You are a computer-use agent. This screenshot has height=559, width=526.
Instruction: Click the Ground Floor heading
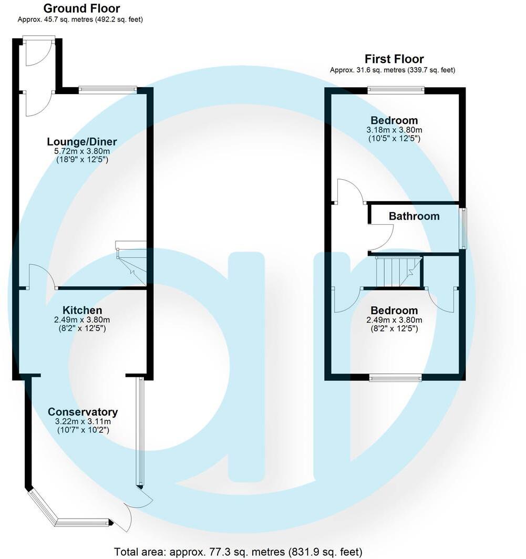[x=81, y=8]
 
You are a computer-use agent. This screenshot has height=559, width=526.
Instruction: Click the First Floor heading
[x=394, y=59]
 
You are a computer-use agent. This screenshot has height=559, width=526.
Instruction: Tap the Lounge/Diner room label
[x=82, y=142]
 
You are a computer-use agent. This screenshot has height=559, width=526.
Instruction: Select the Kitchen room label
[x=82, y=310]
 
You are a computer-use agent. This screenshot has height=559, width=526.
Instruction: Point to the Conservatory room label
[x=82, y=412]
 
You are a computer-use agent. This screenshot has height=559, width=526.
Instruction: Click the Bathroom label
[x=414, y=216]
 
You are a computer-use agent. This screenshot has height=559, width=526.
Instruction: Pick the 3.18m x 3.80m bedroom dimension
[x=394, y=130]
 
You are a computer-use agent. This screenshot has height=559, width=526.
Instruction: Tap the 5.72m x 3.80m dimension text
[x=82, y=151]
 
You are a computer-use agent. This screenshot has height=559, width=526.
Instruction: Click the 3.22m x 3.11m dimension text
[x=82, y=421]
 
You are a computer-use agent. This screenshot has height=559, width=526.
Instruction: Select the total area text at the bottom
[x=238, y=552]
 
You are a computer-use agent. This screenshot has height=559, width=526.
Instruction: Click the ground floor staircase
[x=131, y=263]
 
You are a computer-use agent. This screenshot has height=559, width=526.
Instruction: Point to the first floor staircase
[x=398, y=271]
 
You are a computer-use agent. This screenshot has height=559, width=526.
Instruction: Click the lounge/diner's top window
[x=108, y=90]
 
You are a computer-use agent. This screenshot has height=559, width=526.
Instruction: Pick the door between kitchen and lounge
[x=42, y=277]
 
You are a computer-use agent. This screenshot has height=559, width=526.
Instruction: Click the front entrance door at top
[x=39, y=50]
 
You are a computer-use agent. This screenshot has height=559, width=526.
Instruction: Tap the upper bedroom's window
[x=396, y=90]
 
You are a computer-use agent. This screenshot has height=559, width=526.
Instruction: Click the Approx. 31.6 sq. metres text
[x=392, y=70]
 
